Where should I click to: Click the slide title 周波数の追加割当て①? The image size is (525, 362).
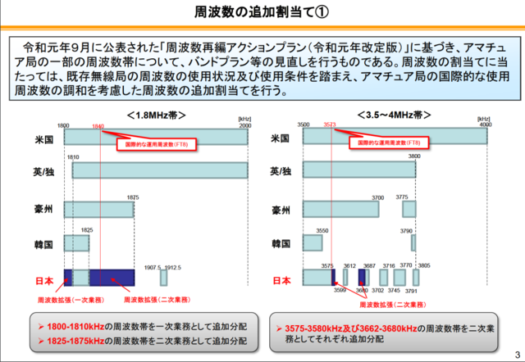(x=262, y=14)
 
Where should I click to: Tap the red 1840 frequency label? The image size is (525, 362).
(x=98, y=127)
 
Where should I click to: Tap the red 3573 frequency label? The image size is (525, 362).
(x=330, y=127)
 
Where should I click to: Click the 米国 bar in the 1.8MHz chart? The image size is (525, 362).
(x=156, y=138)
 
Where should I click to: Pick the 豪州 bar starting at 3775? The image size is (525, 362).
(x=409, y=208)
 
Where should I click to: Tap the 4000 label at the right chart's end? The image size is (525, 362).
(x=495, y=124)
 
